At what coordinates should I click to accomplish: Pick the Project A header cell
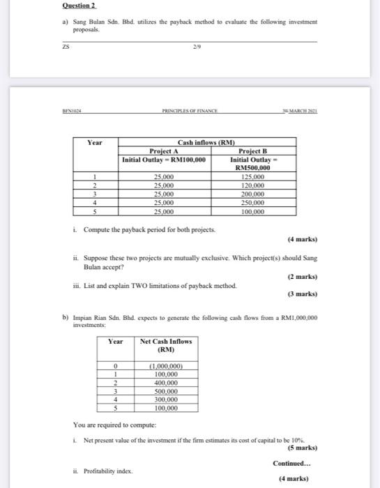coord(164,151)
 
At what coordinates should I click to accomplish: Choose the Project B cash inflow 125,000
coord(252,177)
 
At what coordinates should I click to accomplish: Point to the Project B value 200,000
coord(252,194)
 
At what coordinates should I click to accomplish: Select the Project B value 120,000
coord(252,185)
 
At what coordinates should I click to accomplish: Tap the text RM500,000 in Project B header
coord(252,168)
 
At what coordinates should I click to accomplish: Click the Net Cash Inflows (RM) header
coord(165,345)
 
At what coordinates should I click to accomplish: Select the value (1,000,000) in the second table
coord(165,366)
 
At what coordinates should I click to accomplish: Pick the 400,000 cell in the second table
coord(165,383)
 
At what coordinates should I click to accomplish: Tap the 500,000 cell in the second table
coord(165,391)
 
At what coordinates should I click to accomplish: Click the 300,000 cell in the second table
coord(165,399)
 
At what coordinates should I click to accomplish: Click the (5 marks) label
coord(301,448)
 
